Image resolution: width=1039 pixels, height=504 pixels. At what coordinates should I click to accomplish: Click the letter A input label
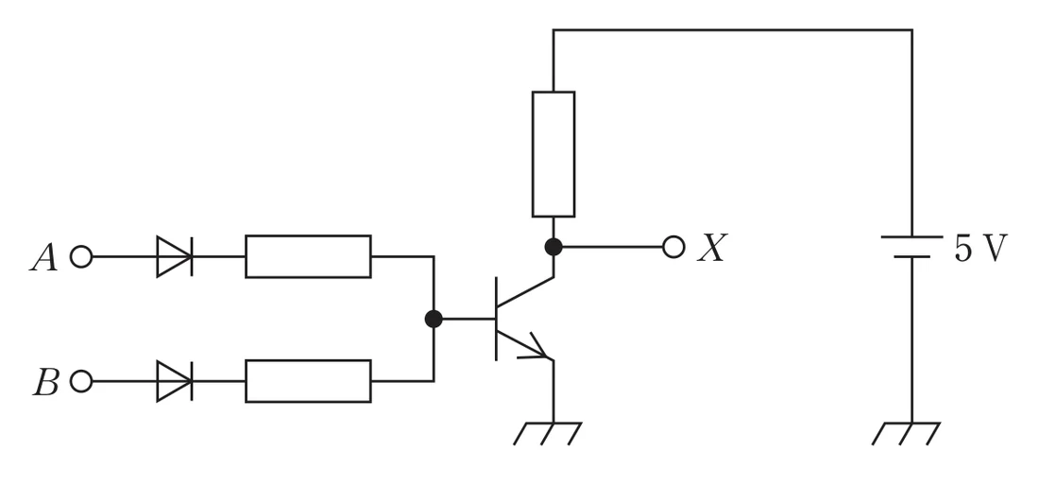click(x=43, y=257)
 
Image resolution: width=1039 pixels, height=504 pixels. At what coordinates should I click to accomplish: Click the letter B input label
click(x=45, y=383)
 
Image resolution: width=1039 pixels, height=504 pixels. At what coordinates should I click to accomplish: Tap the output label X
click(x=712, y=248)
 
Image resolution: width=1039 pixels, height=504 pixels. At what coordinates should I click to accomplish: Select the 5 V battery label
click(x=980, y=248)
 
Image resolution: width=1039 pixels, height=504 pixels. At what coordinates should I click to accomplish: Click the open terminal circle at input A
click(x=81, y=256)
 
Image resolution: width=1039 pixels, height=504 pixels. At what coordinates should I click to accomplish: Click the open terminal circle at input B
click(x=81, y=381)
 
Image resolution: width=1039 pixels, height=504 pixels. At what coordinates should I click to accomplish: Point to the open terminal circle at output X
click(x=673, y=247)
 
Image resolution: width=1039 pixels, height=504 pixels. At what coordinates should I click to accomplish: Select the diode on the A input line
click(x=175, y=256)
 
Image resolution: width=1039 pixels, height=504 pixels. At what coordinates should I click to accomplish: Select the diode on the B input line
click(x=175, y=381)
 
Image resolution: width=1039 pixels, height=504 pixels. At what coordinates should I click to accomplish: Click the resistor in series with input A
click(x=308, y=256)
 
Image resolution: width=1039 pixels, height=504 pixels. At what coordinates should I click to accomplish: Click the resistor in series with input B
click(x=308, y=381)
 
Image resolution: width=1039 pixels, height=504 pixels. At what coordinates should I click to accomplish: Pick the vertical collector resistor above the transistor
click(x=554, y=154)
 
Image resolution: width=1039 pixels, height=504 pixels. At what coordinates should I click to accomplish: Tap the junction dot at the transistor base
click(x=434, y=319)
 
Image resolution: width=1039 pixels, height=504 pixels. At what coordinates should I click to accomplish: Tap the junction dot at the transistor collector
click(x=554, y=247)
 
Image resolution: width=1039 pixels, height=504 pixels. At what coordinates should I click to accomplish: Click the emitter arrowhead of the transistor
click(x=538, y=350)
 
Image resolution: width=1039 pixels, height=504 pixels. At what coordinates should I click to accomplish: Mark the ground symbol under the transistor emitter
click(x=548, y=433)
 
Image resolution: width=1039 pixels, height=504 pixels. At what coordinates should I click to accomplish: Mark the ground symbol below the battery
click(x=906, y=433)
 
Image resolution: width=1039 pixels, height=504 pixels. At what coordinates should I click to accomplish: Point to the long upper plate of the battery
click(x=911, y=236)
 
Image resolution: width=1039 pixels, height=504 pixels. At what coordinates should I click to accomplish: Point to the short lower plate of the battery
click(x=911, y=256)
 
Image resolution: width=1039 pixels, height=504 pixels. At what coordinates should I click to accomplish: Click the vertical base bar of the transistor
click(x=496, y=319)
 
